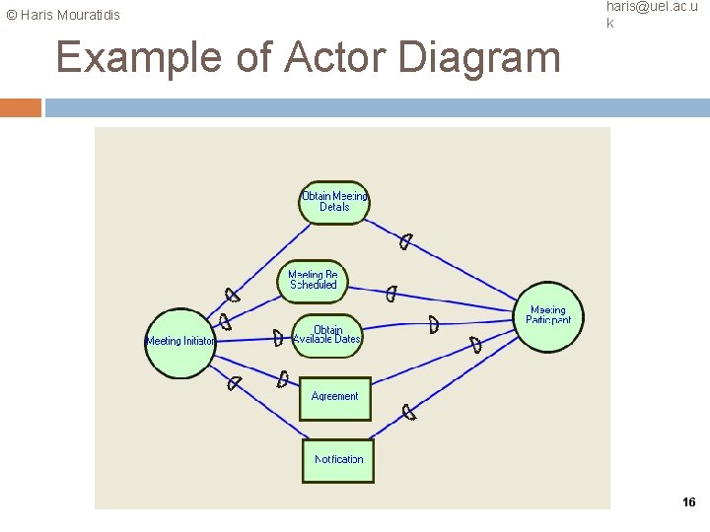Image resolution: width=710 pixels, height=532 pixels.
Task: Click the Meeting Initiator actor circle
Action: point(179,343)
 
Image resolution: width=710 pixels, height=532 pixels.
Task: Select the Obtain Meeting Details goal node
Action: point(334,202)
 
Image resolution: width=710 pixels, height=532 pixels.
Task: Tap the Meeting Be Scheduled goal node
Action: point(313,280)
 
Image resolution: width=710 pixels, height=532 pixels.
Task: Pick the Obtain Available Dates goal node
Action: point(327,335)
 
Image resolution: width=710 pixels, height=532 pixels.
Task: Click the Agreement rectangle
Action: point(335,398)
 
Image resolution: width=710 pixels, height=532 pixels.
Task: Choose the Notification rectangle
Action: point(338,460)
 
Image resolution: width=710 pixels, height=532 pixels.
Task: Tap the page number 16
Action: point(688,502)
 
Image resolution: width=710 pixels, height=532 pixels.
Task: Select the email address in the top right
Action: point(652,14)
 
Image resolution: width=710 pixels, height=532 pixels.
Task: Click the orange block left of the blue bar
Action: point(21,107)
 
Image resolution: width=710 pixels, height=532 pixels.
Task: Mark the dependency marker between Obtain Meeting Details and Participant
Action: point(405,241)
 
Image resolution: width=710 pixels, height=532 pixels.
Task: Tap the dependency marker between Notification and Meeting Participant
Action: point(408,412)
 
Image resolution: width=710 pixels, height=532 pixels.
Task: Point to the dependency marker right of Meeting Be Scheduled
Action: point(390,293)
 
